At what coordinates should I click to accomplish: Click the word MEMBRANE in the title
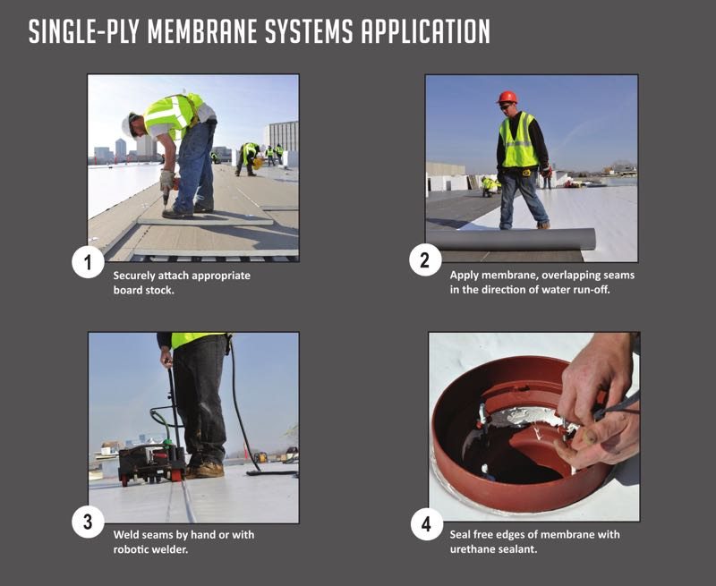[x=202, y=31]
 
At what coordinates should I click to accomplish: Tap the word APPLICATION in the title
[x=426, y=31]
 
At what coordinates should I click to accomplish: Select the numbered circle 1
[x=88, y=262]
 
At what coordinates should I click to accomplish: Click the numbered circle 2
[x=425, y=260]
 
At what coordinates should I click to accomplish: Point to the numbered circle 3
[x=88, y=522]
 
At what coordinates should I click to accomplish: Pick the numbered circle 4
[x=427, y=524]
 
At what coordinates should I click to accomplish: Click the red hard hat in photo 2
[x=507, y=98]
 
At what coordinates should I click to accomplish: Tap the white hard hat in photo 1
[x=126, y=124]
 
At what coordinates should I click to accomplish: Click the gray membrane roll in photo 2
[x=510, y=239]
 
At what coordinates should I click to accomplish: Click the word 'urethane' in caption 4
[x=472, y=548]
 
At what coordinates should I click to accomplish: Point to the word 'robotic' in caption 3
[x=131, y=549]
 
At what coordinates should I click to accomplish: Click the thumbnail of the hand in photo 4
[x=590, y=437]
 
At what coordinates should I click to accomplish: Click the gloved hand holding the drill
[x=166, y=182]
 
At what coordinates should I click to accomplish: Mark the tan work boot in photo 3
[x=206, y=469]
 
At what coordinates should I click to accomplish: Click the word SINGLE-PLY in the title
[x=85, y=31]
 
